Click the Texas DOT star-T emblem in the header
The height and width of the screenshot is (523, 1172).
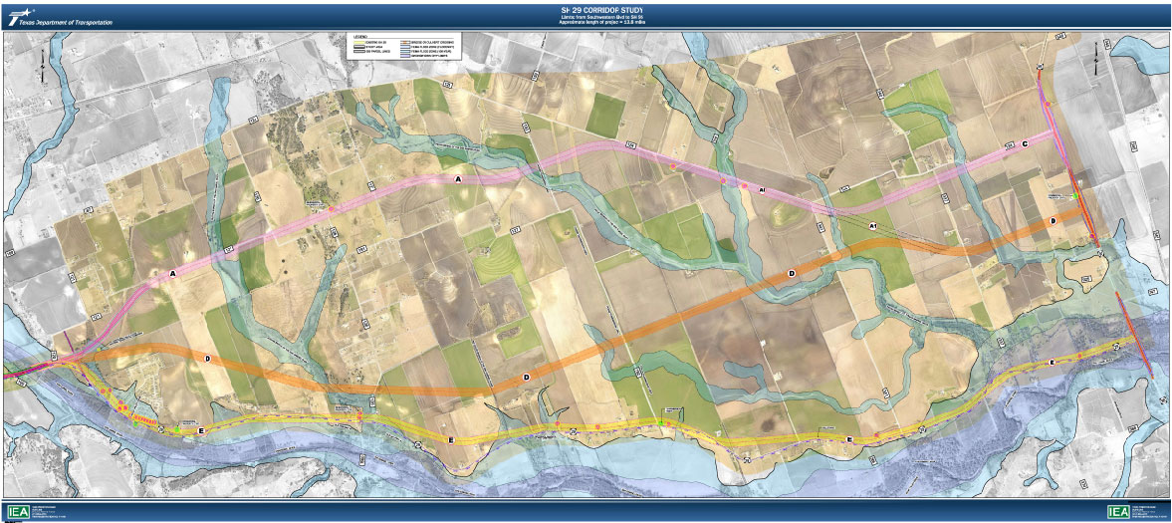16,15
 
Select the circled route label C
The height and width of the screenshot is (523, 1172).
1025,143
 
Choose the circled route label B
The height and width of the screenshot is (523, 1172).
1053,220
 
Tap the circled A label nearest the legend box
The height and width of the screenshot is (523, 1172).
458,178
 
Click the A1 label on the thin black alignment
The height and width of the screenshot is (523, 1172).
873,227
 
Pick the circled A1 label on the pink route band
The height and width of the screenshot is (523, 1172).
760,189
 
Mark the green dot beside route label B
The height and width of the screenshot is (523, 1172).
1075,197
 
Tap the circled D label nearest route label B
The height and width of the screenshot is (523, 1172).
792,272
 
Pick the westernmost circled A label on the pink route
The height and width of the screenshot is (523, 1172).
172,272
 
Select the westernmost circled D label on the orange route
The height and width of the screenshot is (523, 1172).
207,357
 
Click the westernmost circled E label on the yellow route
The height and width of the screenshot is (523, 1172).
201,430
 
